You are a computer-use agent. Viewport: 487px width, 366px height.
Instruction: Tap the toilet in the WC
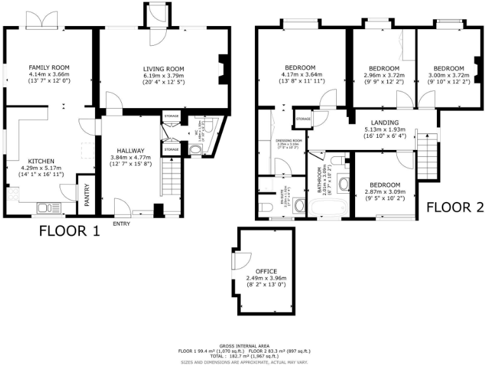pos(197,151)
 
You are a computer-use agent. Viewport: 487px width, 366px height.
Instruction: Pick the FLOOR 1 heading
pos(70,231)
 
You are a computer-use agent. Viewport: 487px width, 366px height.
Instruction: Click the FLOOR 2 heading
pos(455,207)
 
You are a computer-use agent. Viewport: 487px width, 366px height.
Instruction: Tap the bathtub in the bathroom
pos(316,205)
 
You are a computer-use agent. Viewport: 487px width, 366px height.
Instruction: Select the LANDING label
pos(385,123)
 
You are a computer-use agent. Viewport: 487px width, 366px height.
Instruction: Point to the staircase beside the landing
pos(429,153)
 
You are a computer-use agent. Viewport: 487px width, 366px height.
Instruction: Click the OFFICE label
pos(266,271)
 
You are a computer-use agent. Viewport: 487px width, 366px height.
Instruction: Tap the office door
pos(238,261)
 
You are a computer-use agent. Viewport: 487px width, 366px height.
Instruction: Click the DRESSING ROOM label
pos(287,140)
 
